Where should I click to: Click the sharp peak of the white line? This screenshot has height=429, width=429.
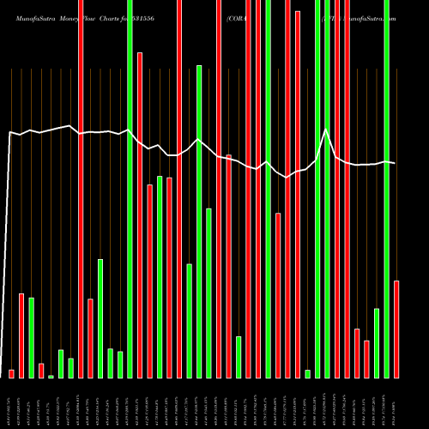[326, 130]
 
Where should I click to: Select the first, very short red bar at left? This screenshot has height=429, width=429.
[11, 373]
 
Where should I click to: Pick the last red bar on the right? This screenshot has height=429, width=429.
[396, 329]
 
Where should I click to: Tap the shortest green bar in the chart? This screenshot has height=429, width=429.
[51, 376]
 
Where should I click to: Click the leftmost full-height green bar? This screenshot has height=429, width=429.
[130, 189]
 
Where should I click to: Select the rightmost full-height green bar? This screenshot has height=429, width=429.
[386, 189]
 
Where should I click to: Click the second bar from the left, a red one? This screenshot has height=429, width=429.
[21, 335]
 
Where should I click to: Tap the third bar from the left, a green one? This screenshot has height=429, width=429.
[31, 337]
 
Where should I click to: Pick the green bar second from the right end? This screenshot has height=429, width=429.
[377, 342]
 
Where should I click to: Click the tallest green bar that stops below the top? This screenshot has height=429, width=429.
[199, 221]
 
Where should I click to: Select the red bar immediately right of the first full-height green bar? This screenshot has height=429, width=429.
[140, 214]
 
